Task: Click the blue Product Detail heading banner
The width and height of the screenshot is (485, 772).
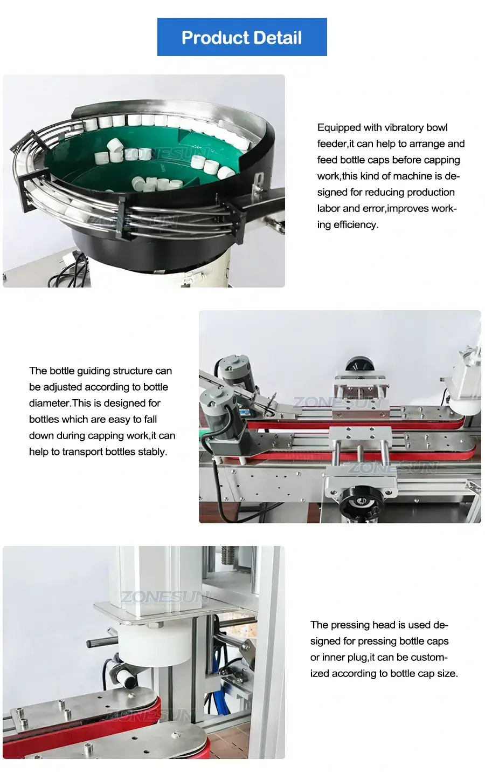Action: (x=241, y=37)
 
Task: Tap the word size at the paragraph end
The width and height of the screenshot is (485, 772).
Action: (x=446, y=674)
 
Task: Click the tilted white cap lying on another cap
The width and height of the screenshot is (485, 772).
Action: (x=116, y=148)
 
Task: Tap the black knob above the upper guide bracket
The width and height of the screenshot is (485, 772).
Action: (x=358, y=364)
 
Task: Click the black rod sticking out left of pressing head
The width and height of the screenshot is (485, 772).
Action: (x=102, y=643)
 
